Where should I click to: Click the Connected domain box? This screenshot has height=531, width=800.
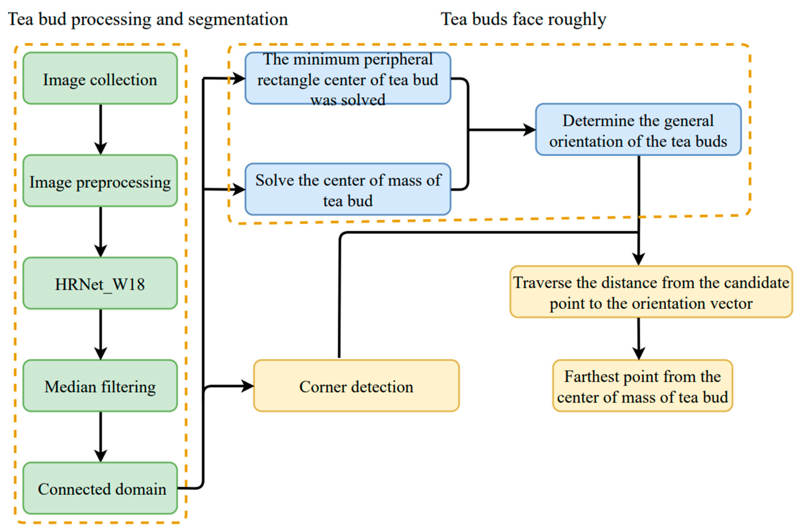tap(100, 488)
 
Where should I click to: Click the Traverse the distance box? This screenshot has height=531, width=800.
tap(651, 292)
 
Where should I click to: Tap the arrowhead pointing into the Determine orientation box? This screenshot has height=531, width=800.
tap(530, 130)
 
